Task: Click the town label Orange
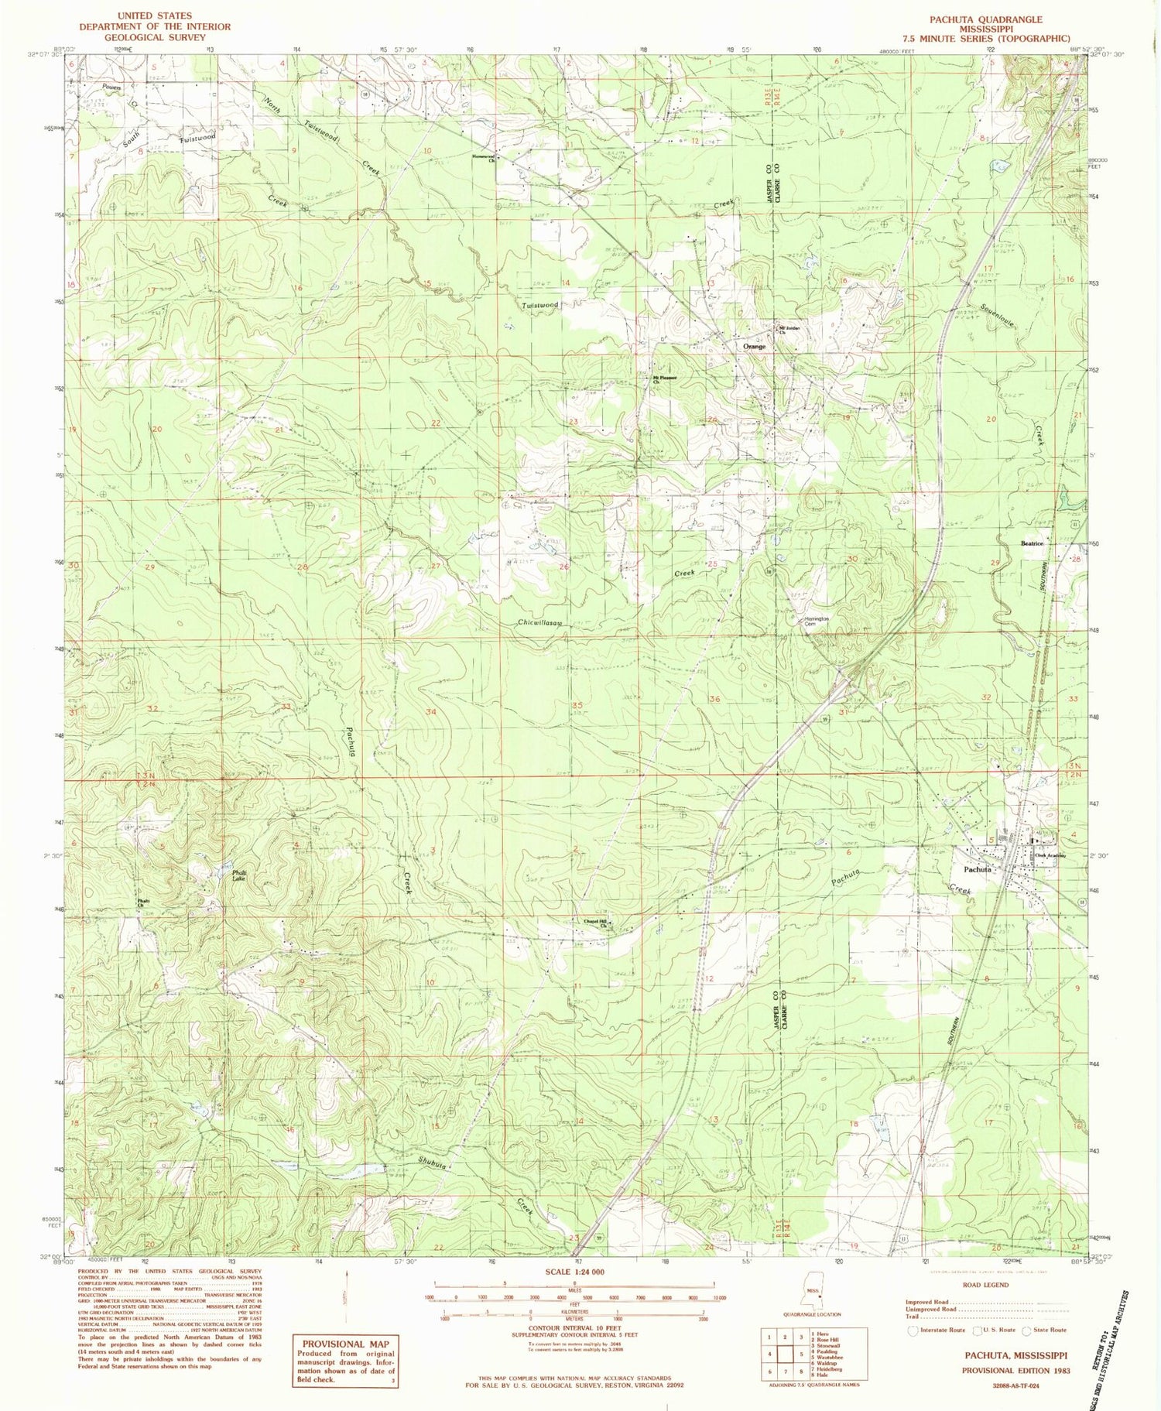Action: (754, 347)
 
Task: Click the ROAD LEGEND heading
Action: (985, 1285)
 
